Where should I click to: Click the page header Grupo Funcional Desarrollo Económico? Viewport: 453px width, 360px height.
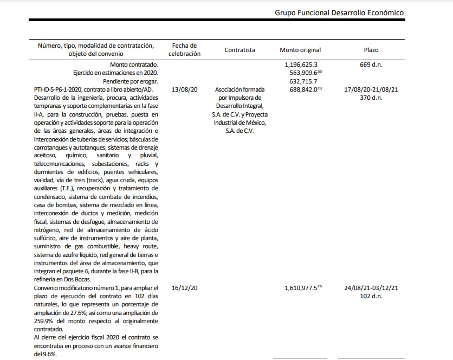point(339,12)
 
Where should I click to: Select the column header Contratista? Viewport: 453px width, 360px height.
point(240,50)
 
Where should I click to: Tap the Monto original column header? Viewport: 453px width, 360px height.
point(300,50)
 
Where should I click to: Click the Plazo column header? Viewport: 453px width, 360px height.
point(371,50)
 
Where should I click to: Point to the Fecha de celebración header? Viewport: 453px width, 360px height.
point(184,50)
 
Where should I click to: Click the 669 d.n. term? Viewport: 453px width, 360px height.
point(371,65)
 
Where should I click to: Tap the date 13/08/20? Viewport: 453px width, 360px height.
point(184,89)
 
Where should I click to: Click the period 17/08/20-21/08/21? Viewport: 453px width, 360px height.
point(371,89)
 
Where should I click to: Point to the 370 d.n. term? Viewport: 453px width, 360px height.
point(371,98)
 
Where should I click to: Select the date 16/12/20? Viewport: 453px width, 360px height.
point(184,287)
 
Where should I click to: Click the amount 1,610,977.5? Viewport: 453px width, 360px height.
point(303,287)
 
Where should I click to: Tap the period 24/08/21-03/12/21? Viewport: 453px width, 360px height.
point(371,287)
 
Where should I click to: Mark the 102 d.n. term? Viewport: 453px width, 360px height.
point(371,296)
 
